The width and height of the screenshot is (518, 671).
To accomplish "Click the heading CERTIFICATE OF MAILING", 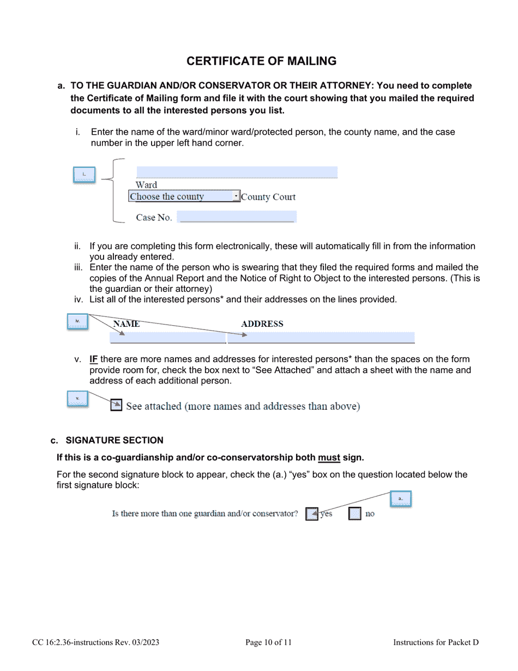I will click(x=261, y=61).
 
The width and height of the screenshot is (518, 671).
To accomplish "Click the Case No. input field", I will click(x=237, y=217).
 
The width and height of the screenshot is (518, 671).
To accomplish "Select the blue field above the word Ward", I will click(x=237, y=172).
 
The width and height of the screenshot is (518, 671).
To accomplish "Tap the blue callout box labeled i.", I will click(x=84, y=175).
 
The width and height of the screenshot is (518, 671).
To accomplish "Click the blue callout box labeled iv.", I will click(x=77, y=321).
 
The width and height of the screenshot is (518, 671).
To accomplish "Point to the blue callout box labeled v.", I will click(x=77, y=399).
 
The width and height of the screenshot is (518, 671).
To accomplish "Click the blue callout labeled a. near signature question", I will click(x=400, y=499).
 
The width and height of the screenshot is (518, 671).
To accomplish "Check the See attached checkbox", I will click(x=116, y=405).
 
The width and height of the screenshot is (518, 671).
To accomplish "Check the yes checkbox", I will click(x=311, y=514).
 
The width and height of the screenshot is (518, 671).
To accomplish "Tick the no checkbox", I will click(x=354, y=514).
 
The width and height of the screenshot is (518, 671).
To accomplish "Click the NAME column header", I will click(x=126, y=324).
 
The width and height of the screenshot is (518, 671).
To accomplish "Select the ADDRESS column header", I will click(x=262, y=324).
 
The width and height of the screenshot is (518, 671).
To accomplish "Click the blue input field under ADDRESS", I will click(x=321, y=338).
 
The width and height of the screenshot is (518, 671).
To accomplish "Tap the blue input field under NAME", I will click(x=168, y=338).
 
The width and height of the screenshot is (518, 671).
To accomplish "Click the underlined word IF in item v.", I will click(x=94, y=360).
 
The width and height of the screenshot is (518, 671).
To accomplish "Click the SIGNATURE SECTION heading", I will click(x=114, y=440).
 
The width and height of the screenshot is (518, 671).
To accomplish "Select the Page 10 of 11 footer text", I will click(x=268, y=643).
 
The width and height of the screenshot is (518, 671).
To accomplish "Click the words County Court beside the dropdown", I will click(x=268, y=197).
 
